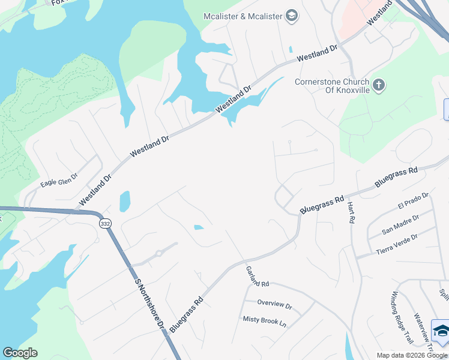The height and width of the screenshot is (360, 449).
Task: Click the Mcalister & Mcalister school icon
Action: tap(292, 16)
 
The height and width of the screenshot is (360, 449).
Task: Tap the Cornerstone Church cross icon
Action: tap(378, 85)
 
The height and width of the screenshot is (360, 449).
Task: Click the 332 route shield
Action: tap(106, 223)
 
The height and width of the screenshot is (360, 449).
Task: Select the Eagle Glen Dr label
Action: tap(59, 180)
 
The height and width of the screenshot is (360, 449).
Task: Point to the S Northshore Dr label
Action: tap(149, 303)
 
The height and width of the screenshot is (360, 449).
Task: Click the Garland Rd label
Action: tap(258, 275)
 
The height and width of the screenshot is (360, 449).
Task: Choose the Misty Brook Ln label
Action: tap(265, 321)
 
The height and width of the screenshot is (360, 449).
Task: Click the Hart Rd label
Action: tap(351, 212)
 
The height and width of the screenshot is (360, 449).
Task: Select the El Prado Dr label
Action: tap(413, 201)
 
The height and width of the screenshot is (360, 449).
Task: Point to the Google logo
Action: tap(20, 353)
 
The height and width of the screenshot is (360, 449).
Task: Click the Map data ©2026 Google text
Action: tap(412, 355)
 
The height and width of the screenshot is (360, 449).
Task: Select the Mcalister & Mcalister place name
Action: tap(243, 16)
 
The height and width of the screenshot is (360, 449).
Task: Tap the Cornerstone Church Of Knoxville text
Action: tap(331, 86)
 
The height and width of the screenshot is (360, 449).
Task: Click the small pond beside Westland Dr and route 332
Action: tap(124, 201)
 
